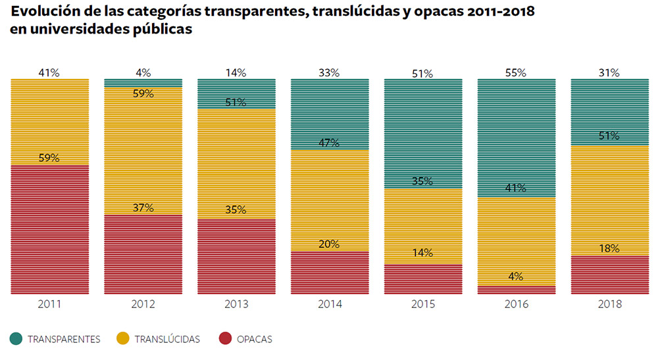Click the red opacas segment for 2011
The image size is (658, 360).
(x=50, y=230)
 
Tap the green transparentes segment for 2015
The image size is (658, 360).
(x=423, y=132)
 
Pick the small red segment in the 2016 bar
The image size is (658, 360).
(x=517, y=290)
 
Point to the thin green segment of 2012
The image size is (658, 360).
(x=143, y=82)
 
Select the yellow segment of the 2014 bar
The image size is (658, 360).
(x=330, y=197)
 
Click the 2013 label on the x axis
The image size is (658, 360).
(x=236, y=305)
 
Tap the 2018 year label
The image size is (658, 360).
(x=609, y=305)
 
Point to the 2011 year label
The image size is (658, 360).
(x=50, y=305)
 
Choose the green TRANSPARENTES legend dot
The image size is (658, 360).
(x=17, y=339)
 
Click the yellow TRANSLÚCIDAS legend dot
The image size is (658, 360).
(x=122, y=339)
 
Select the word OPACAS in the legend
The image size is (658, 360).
(x=256, y=340)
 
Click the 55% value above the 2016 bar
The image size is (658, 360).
(x=517, y=73)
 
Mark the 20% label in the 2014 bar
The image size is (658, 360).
(x=329, y=244)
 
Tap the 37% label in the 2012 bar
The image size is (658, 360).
(x=143, y=208)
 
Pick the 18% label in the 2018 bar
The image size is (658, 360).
(x=609, y=248)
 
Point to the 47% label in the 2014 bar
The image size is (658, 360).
(x=329, y=143)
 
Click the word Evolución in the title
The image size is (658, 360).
(x=47, y=12)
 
